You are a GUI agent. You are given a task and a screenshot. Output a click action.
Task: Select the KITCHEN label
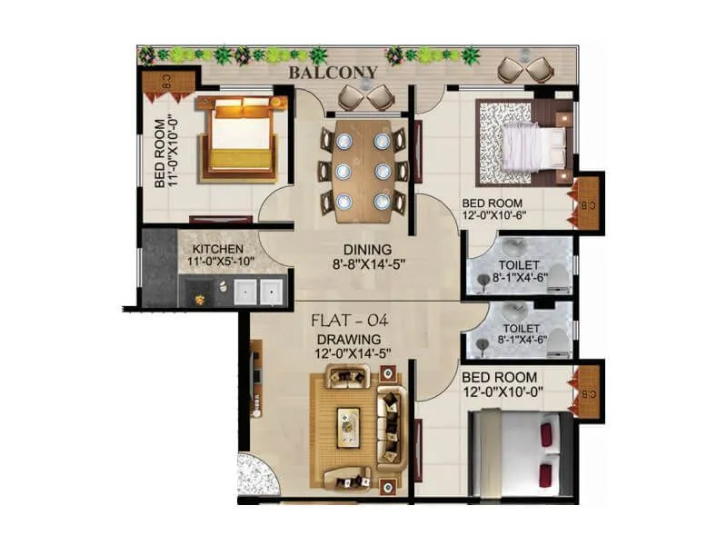point(216,249)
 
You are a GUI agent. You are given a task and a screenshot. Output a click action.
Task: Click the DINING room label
point(366,249)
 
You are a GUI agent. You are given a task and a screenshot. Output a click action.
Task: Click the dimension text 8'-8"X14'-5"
point(366,265)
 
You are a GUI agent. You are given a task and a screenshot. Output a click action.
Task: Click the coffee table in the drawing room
point(348,426)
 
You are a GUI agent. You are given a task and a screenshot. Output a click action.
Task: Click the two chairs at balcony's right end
point(526,69)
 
